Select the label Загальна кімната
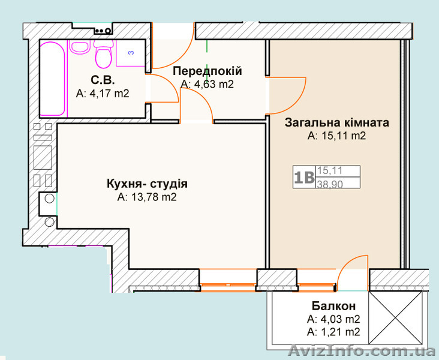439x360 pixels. pyautogui.click(x=336, y=122)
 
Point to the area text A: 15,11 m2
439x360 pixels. pyautogui.click(x=336, y=136)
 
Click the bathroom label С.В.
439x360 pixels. pyautogui.click(x=103, y=80)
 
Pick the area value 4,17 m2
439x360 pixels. pyautogui.click(x=103, y=93)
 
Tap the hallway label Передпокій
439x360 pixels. pyautogui.click(x=208, y=71)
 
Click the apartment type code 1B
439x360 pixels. pyautogui.click(x=304, y=178)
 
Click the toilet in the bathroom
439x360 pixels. pyautogui.click(x=104, y=56)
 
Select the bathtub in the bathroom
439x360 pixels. pyautogui.click(x=52, y=78)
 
